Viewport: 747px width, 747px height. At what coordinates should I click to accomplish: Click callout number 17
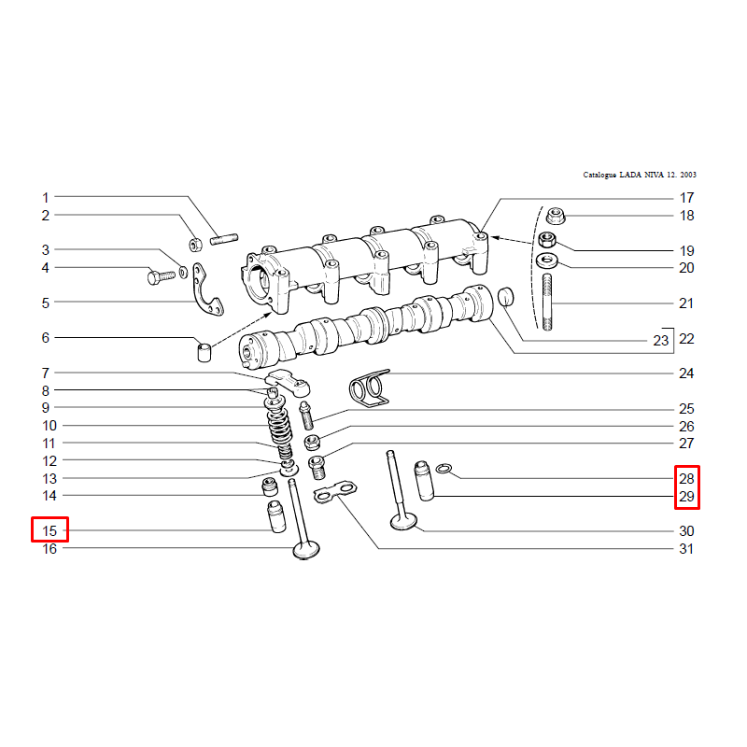point(686,198)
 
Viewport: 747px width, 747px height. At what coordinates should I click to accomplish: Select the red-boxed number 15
point(49,530)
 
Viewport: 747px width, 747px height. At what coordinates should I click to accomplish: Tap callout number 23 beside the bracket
point(661,341)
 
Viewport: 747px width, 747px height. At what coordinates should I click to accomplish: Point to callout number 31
point(686,549)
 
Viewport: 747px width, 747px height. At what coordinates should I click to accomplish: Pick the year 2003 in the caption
point(688,175)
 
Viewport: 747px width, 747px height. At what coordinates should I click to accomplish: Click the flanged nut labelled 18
point(555,217)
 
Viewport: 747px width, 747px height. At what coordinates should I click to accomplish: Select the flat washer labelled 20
point(547,261)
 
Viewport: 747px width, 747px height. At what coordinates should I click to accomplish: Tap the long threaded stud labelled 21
point(547,302)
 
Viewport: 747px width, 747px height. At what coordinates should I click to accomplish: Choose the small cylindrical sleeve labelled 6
point(204,352)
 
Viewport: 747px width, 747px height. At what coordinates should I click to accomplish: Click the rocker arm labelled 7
point(289,382)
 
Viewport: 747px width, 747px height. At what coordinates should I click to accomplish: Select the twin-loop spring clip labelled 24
point(370,388)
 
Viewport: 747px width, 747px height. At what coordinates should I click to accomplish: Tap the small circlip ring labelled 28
point(444,469)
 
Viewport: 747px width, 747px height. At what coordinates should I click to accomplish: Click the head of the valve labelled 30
point(403,522)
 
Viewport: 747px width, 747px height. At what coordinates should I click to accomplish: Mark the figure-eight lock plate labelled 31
point(335,492)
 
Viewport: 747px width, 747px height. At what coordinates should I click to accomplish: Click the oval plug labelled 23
point(506,297)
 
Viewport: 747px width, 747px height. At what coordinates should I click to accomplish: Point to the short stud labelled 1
point(224,239)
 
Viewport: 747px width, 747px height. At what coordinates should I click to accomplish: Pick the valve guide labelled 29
point(424,480)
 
